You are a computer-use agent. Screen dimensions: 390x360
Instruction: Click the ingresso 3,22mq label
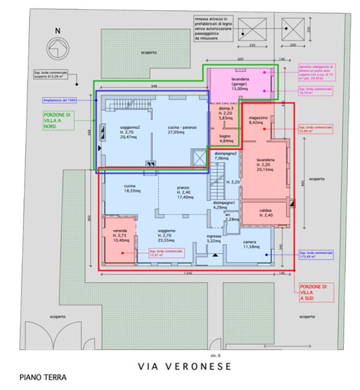coord(214,239)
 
